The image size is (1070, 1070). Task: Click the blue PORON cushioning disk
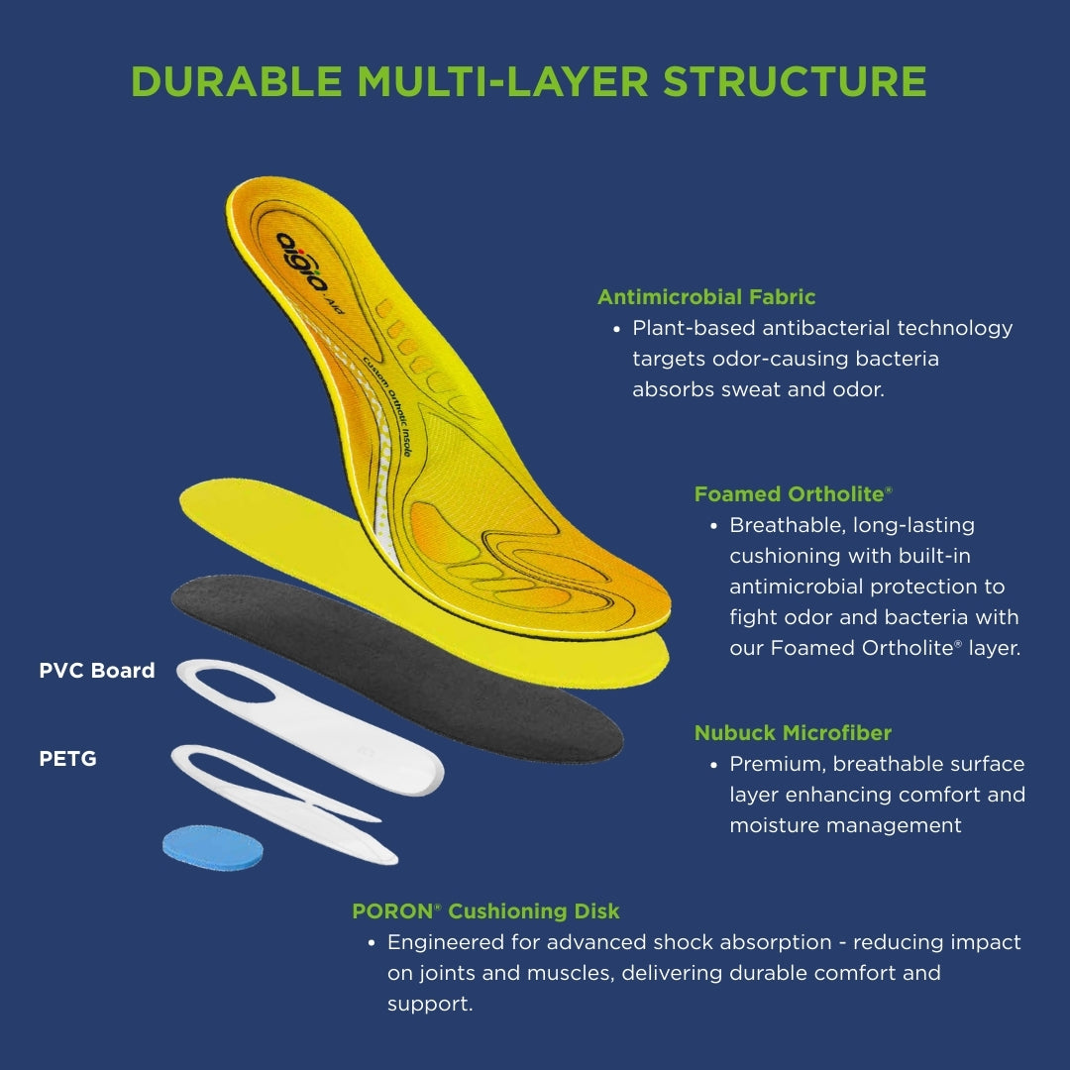click(x=213, y=846)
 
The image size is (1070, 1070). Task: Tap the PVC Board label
click(x=97, y=671)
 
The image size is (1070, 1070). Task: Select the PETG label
click(x=68, y=760)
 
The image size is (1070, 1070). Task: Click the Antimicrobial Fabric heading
click(x=706, y=296)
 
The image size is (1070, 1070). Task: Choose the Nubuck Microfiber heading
click(x=793, y=733)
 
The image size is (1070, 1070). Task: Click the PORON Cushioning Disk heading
click(x=485, y=911)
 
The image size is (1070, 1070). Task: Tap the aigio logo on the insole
click(x=302, y=261)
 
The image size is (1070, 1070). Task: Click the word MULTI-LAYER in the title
click(x=505, y=82)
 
